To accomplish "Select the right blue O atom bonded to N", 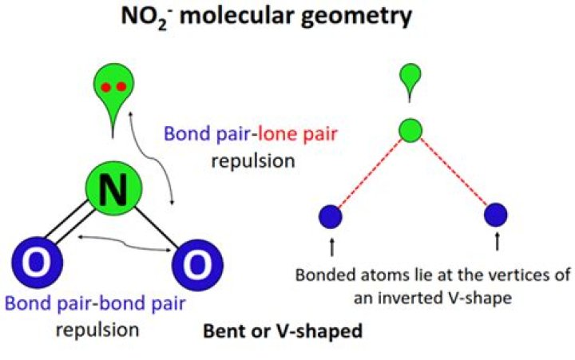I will [192, 260].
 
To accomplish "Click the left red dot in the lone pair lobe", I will [104, 87].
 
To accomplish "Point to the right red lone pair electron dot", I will [121, 87].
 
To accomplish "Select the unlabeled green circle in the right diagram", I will [410, 130].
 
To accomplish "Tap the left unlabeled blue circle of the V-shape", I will [330, 215].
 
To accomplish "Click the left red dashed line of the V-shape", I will [370, 172].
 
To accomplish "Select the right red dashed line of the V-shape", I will [453, 172].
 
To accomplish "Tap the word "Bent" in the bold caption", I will [223, 329].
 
